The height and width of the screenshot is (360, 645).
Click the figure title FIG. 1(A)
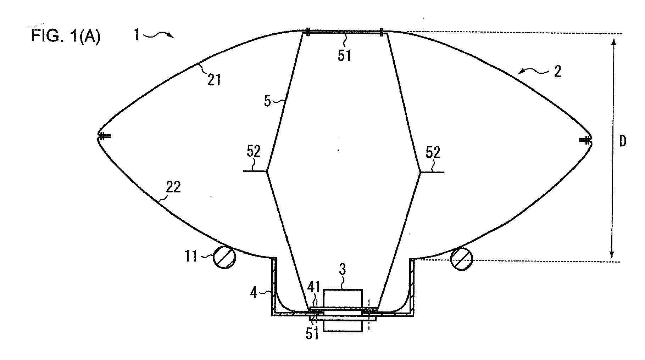[x=66, y=37]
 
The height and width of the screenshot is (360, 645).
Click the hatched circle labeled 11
[x=224, y=257]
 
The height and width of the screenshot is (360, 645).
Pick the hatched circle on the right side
[x=461, y=259]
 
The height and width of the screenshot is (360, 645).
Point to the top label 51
[x=344, y=56]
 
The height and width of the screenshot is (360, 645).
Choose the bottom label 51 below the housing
[x=312, y=334]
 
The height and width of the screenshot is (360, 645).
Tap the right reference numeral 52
[x=433, y=152]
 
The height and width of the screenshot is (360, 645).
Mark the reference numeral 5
[x=267, y=102]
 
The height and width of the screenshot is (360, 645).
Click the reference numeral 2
[x=558, y=72]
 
